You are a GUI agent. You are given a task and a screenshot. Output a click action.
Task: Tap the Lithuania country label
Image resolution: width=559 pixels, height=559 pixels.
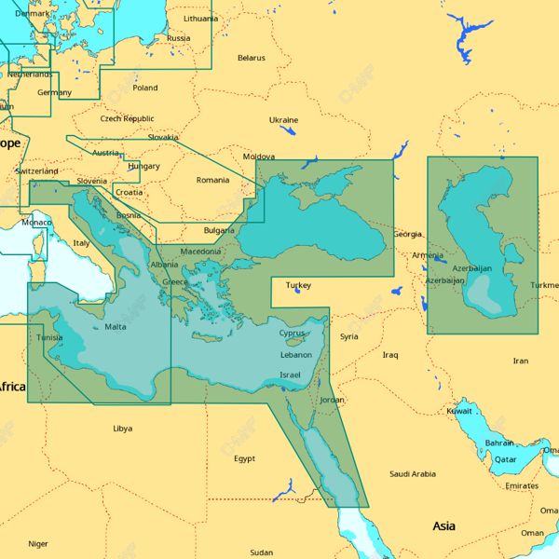[x=200, y=18]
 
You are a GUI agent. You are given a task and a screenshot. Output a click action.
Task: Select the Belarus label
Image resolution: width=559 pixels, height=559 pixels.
[x=251, y=58]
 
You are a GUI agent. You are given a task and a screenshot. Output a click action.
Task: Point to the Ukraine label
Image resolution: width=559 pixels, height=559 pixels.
[x=283, y=120]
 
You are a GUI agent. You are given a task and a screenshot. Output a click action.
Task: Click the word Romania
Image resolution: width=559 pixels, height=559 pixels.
[x=211, y=180]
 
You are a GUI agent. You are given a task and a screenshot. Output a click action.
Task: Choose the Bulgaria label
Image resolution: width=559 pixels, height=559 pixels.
[x=219, y=230]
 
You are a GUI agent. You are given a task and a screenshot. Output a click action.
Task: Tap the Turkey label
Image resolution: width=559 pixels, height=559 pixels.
[x=298, y=285]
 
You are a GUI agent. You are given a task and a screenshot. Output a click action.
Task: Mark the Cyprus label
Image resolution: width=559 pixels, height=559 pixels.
[x=292, y=333]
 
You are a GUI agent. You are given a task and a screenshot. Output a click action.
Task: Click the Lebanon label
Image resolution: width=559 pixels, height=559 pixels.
[x=295, y=355]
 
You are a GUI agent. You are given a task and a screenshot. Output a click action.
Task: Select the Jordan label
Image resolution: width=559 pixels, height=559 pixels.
[x=332, y=400]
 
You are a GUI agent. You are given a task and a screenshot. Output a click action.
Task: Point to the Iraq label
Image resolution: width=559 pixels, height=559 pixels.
[x=389, y=355]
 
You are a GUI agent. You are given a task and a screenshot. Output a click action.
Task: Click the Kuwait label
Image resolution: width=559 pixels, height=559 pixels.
[x=459, y=411]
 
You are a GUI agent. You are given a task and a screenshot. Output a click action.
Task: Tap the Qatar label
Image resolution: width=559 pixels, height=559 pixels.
[x=505, y=459]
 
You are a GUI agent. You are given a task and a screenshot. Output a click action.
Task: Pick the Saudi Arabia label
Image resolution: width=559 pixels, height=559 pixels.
[x=413, y=474]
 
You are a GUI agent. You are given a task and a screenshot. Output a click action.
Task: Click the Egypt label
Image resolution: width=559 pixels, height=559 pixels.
[x=244, y=458]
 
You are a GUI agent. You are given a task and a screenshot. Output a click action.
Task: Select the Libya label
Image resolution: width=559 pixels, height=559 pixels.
[x=122, y=429]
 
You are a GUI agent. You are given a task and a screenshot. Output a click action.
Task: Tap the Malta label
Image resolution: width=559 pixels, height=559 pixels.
[x=116, y=327]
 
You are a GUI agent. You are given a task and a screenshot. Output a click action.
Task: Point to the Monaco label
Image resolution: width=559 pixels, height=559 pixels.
[x=36, y=223]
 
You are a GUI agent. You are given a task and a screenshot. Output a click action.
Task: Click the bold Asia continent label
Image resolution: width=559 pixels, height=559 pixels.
[x=444, y=526]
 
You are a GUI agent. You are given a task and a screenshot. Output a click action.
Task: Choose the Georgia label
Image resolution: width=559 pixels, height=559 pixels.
[x=407, y=234]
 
